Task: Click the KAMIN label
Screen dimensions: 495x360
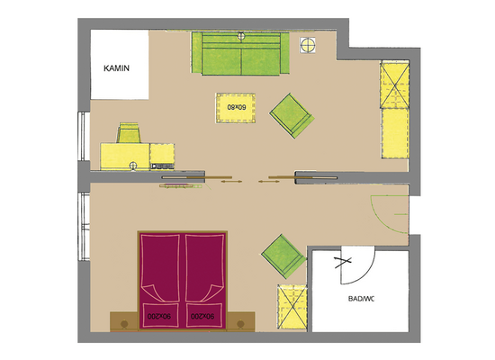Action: [116, 68]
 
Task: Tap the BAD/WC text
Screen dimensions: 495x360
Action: [361, 299]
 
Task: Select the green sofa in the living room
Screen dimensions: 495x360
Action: [240, 54]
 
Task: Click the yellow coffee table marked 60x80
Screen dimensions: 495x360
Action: [236, 108]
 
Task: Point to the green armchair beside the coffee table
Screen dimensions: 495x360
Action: [292, 115]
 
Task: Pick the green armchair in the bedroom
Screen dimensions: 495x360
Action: [283, 256]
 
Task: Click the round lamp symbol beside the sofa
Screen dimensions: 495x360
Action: [308, 45]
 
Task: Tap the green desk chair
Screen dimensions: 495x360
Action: [129, 133]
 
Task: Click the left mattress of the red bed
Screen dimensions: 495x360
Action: [160, 281]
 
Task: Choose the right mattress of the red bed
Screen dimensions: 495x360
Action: [204, 281]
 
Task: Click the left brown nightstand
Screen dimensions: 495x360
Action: [124, 322]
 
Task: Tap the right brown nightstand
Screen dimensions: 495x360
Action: [240, 322]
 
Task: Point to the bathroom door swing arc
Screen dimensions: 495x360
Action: [366, 274]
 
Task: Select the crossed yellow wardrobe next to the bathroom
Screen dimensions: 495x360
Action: [292, 307]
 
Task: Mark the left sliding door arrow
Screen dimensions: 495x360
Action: [231, 182]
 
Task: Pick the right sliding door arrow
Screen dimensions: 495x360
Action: [269, 182]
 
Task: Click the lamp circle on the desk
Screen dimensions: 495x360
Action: [133, 166]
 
